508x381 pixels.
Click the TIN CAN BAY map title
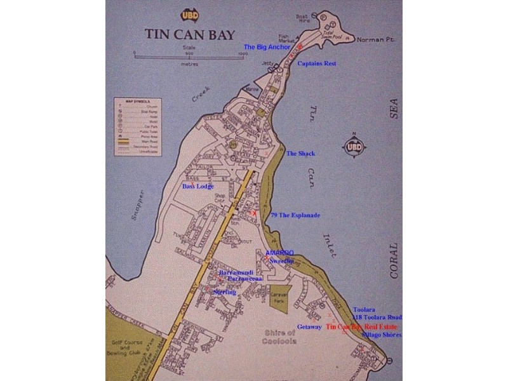click(189, 34)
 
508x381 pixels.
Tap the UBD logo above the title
click(189, 16)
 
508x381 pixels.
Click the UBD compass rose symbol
click(355, 147)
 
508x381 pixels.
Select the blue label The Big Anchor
click(267, 47)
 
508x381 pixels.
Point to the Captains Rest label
click(317, 63)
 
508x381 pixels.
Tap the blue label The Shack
click(300, 154)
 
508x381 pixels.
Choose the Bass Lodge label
click(198, 187)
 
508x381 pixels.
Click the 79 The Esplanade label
click(295, 215)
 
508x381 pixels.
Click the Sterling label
click(225, 292)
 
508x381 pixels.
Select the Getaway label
click(309, 327)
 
